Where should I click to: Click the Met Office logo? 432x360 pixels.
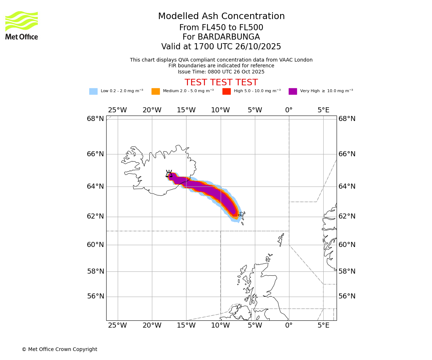click(22, 25)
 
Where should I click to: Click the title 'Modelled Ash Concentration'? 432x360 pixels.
click(221, 16)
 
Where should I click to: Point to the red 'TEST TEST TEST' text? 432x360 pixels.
click(221, 82)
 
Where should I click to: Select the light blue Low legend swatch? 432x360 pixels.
click(93, 91)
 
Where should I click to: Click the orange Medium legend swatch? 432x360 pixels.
click(156, 91)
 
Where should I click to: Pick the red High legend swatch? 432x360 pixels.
click(226, 91)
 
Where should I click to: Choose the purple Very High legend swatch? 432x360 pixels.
click(293, 91)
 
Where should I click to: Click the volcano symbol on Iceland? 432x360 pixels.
click(169, 174)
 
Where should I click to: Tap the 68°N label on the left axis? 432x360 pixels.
click(95, 119)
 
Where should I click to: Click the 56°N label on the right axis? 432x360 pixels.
click(347, 296)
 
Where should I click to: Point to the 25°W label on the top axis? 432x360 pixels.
click(117, 110)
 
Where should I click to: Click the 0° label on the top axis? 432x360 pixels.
click(289, 110)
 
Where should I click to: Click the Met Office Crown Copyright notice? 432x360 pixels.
click(59, 349)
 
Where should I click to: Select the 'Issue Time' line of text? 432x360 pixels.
click(221, 72)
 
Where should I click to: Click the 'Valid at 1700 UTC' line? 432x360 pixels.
click(221, 47)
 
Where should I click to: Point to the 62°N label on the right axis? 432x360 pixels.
click(347, 216)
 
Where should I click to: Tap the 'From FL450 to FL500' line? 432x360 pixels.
click(221, 28)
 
